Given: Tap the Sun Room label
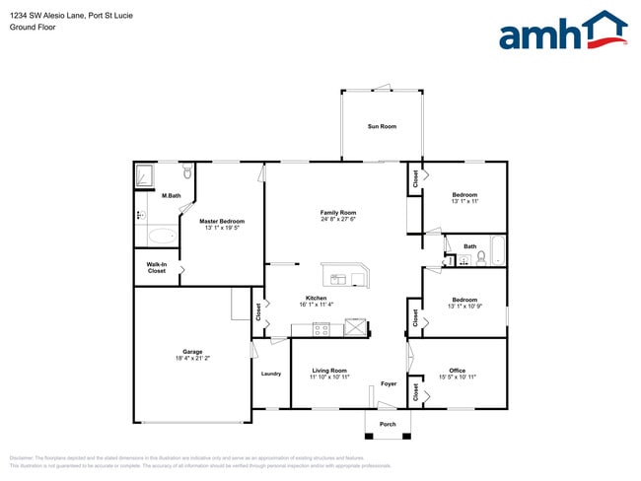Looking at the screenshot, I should [382, 126].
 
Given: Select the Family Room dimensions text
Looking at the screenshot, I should [338, 220].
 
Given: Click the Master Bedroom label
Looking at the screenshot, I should [222, 221].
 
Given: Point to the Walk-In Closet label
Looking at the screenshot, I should [157, 267].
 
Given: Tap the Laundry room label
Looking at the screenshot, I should [271, 374].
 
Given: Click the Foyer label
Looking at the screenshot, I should [389, 383].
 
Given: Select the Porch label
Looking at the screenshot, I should [388, 424].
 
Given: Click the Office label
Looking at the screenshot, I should [457, 371].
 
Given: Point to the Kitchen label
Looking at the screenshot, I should [316, 298].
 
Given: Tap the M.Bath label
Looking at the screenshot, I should [172, 196].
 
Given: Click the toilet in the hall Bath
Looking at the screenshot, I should [481, 258].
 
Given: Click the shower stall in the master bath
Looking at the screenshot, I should [148, 175].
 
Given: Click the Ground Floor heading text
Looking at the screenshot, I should [34, 28].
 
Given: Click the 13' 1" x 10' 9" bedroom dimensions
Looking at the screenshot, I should [463, 306].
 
